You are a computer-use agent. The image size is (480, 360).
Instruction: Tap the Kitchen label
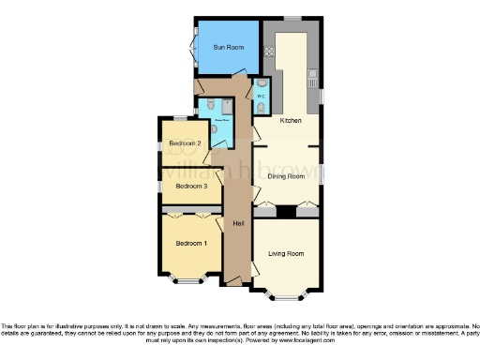(291, 121)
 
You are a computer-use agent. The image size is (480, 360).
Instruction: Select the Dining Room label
(287, 175)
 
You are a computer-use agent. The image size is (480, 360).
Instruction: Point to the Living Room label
(286, 253)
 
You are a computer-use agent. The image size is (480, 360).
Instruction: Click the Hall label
(238, 223)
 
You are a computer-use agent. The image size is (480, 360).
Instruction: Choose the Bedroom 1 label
(190, 244)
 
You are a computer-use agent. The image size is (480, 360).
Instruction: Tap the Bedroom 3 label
(190, 187)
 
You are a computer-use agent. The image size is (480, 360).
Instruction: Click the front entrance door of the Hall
(234, 280)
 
